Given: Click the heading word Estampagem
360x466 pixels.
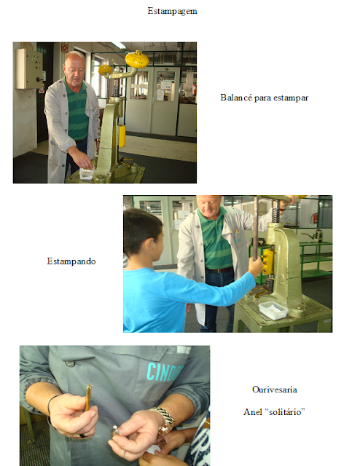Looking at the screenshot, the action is pos(172,12).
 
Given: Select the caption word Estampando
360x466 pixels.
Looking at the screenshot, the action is pos(71,261).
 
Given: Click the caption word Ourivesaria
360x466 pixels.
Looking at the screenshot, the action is pos(274,390).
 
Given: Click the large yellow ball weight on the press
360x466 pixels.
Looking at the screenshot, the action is pos(137,60).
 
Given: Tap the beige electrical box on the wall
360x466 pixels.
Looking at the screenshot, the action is pos(29,68).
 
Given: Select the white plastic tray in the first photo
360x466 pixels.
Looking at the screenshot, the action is pos(87,174).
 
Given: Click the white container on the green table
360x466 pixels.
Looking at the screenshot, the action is pos(273,310).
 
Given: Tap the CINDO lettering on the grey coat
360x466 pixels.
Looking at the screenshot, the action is pos(164,372).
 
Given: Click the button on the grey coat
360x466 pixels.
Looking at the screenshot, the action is pos(70,363).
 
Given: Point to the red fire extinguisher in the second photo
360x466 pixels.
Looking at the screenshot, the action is pos(315,218).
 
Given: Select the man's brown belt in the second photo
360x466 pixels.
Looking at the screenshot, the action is pos(220,270).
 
